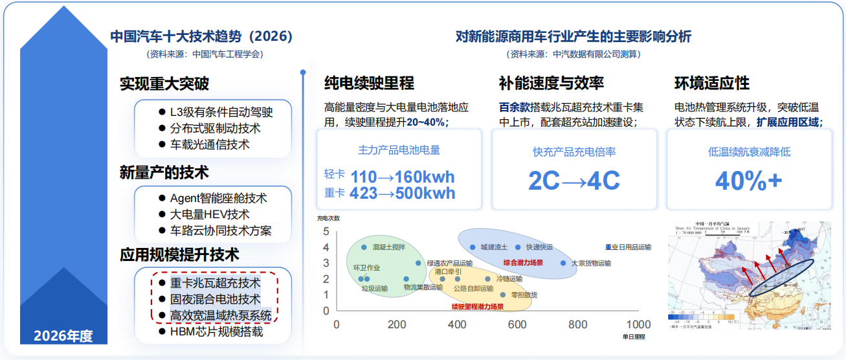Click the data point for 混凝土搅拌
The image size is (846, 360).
[x=364, y=247]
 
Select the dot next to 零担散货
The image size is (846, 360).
[x=502, y=295]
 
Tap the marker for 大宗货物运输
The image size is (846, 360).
[x=563, y=264]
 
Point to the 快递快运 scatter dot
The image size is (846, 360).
[x=518, y=247]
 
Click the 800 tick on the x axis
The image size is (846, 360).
[x=579, y=324]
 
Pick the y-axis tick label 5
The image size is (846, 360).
[x=326, y=231]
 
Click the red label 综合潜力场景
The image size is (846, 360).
[x=523, y=263]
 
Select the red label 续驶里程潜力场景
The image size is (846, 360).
[x=478, y=306]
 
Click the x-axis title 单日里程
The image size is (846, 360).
[x=634, y=337]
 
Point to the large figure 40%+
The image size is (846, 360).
[x=749, y=181]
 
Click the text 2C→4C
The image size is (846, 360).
[x=574, y=181]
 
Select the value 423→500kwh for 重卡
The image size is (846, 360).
[x=402, y=193]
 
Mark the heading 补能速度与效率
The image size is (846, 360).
[x=551, y=83]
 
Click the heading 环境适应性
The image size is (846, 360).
[x=712, y=83]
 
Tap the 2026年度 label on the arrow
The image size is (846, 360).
[x=63, y=336]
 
